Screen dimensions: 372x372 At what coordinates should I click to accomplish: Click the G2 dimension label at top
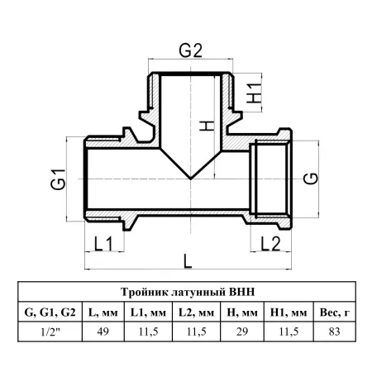point(191,50)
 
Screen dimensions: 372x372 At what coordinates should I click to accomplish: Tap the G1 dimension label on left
point(59,179)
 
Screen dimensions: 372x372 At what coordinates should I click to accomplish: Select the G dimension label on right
point(311,179)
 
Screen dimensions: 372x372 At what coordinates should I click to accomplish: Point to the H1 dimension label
point(254,93)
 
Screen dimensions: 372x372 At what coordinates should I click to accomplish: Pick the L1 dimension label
point(103,244)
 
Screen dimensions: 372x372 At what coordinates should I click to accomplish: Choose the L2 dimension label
point(270,244)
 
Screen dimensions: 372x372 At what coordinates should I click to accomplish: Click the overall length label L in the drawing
point(188,261)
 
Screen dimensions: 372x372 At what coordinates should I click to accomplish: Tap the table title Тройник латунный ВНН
point(188,292)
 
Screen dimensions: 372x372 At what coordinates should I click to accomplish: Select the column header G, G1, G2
point(50,312)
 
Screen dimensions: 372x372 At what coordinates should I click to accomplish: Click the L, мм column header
point(103,312)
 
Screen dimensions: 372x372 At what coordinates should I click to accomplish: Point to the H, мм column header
point(242,312)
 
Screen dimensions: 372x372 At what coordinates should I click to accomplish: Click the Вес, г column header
point(335,312)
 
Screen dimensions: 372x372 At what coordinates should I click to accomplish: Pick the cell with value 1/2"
point(50,331)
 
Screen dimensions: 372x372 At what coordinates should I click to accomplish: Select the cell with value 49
point(103,331)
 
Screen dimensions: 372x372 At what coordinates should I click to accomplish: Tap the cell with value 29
point(242,331)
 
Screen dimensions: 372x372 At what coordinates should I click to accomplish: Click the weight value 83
point(335,331)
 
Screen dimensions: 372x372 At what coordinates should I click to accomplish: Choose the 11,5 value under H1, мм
point(289,331)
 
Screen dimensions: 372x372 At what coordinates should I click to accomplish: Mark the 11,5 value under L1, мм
point(148,331)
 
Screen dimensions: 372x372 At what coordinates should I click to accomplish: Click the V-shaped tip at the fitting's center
point(190,179)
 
